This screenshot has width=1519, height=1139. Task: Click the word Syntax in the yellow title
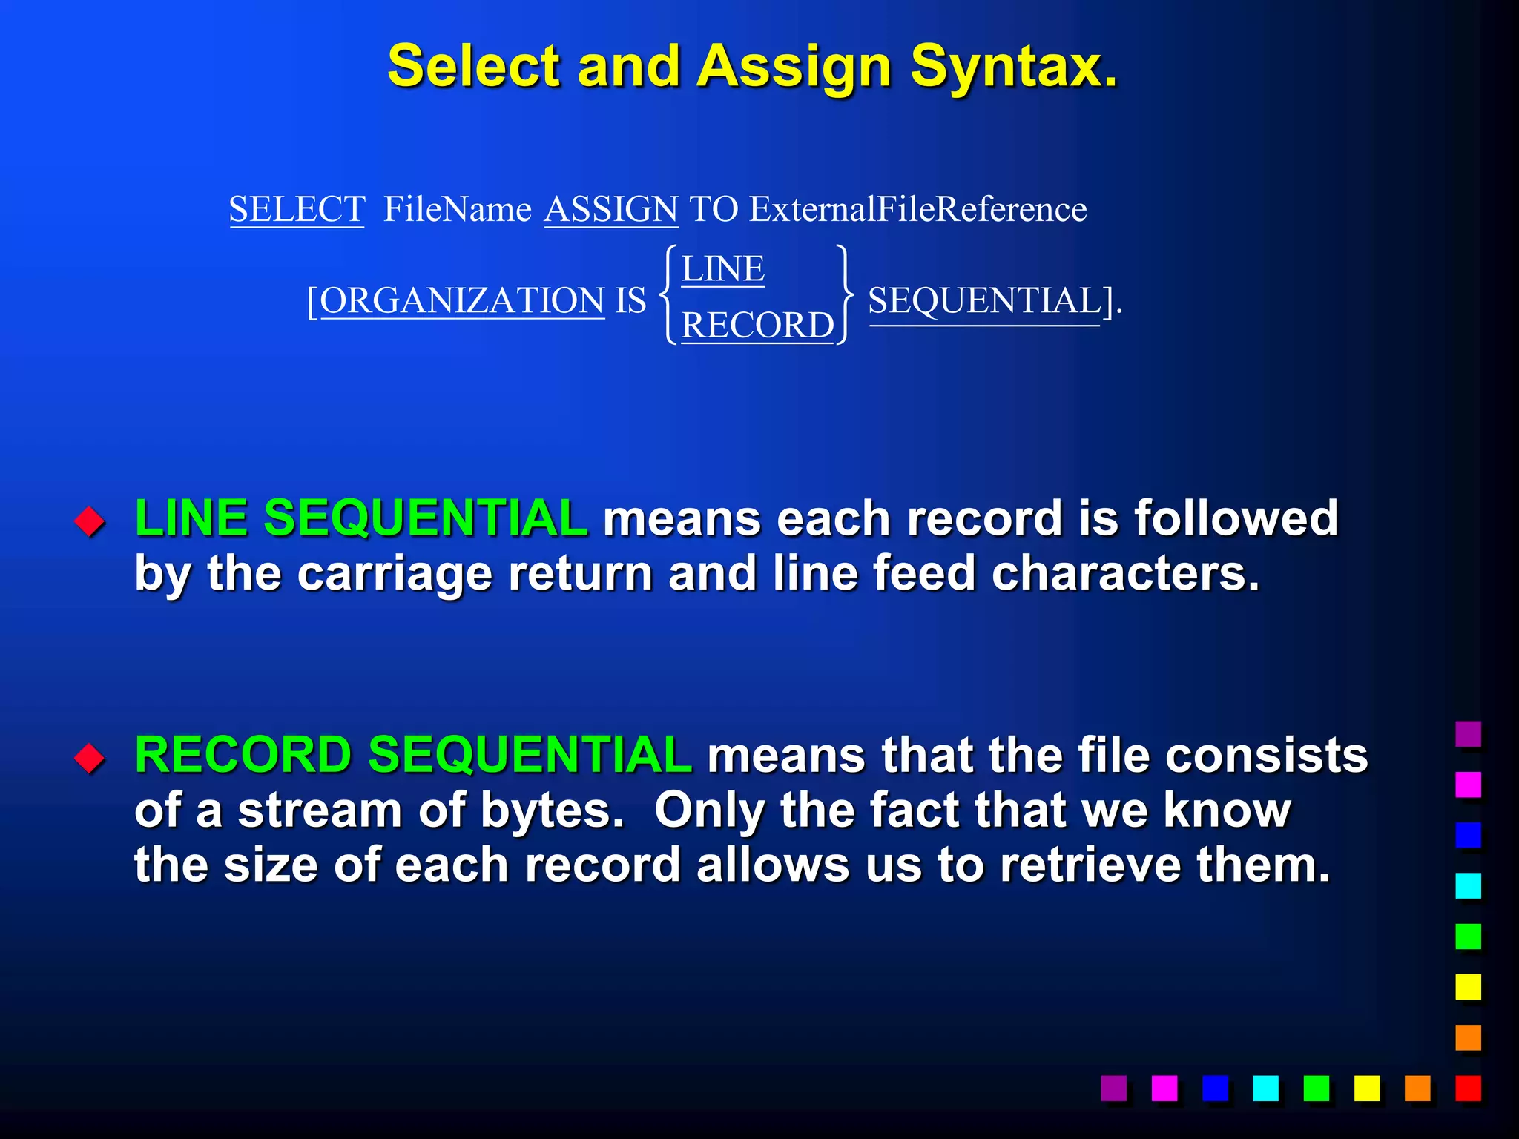pyautogui.click(x=1013, y=67)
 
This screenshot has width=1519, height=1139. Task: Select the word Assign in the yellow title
pyautogui.click(x=794, y=67)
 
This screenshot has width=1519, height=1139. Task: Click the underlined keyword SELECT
pyautogui.click(x=297, y=208)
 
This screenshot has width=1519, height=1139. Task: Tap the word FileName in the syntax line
pyautogui.click(x=457, y=208)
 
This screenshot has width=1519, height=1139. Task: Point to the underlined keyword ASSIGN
pyautogui.click(x=611, y=208)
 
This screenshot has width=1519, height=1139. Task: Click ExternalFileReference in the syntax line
pyautogui.click(x=917, y=208)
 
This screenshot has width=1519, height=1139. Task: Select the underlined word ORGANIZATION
pyautogui.click(x=462, y=300)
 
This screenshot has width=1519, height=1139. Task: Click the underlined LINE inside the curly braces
pyautogui.click(x=722, y=268)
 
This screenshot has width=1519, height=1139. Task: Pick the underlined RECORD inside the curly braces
pyautogui.click(x=757, y=325)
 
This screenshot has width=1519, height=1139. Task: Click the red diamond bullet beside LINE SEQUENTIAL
pyautogui.click(x=90, y=521)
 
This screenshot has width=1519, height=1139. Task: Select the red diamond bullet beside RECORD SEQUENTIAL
pyautogui.click(x=90, y=758)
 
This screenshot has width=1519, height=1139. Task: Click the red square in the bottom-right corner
pyautogui.click(x=1468, y=1089)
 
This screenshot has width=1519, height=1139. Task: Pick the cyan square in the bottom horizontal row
pyautogui.click(x=1265, y=1089)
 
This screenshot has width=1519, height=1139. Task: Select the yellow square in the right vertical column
pyautogui.click(x=1468, y=987)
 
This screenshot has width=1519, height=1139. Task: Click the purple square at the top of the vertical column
pyautogui.click(x=1468, y=734)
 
